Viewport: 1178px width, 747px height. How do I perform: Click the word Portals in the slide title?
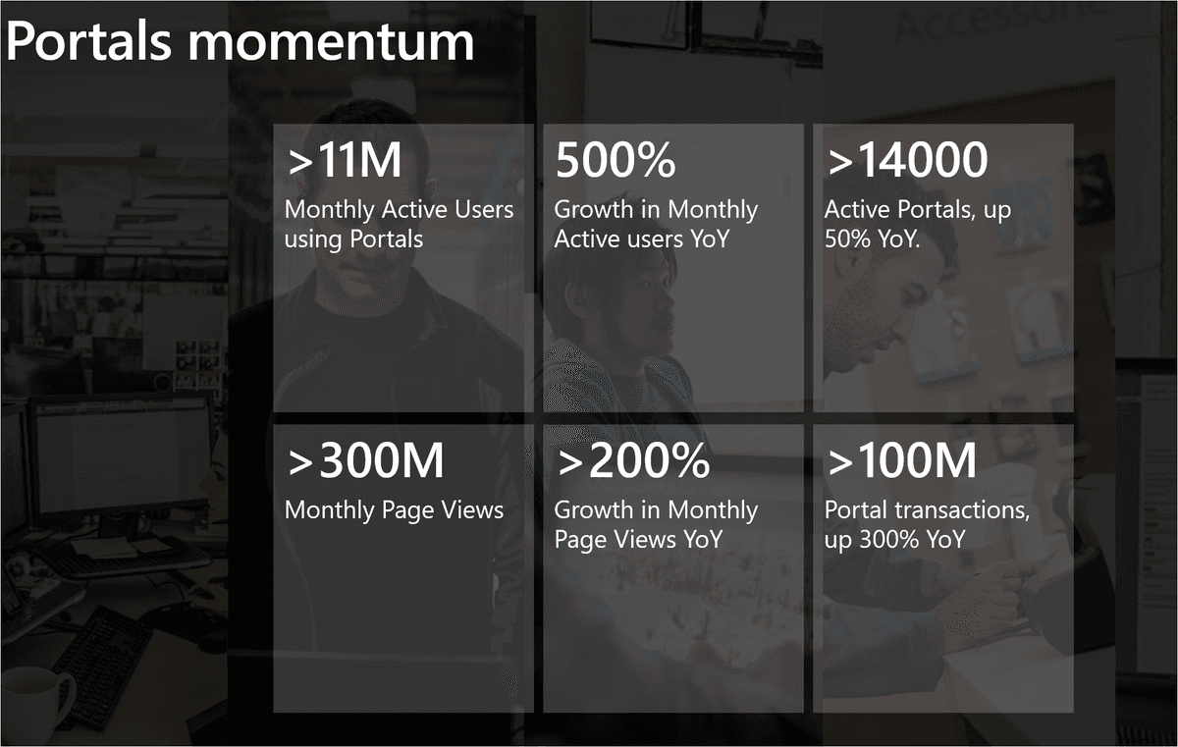pos(88,41)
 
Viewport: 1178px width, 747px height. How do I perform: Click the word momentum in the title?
pos(332,43)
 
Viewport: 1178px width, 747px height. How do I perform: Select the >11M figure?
pos(345,159)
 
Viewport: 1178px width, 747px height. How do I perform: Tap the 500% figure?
pos(616,159)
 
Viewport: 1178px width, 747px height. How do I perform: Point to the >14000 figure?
pos(908,159)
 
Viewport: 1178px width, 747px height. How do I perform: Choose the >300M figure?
pos(366,460)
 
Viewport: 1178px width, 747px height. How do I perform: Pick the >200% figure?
pos(634,460)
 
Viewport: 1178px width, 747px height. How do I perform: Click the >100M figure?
pos(902,460)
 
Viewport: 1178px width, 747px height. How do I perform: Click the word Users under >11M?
pos(484,209)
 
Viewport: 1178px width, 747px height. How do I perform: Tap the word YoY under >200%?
pos(703,540)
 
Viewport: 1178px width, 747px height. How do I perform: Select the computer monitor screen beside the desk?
pos(122,456)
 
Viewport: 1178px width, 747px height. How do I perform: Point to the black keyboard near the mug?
pos(102,667)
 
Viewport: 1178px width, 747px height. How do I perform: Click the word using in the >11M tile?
pos(313,240)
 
